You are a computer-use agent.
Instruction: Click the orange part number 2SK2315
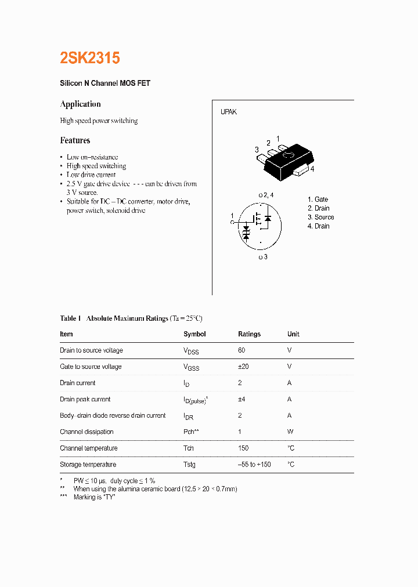[90, 58]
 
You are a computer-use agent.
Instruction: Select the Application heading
[80, 104]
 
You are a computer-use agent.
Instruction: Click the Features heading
[75, 140]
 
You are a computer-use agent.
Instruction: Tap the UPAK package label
[228, 112]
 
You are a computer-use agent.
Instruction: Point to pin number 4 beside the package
[312, 169]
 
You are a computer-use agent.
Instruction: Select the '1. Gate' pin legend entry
[318, 200]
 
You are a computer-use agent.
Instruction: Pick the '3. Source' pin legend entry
[320, 218]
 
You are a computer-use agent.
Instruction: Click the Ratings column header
[249, 334]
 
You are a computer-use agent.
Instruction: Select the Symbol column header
[194, 334]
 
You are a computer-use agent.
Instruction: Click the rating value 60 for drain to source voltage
[242, 350]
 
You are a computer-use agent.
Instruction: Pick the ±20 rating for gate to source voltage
[244, 367]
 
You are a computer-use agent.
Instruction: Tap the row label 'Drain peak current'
[85, 399]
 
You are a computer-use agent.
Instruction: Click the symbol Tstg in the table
[189, 465]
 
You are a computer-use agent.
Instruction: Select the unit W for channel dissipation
[290, 432]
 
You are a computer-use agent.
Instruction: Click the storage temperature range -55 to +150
[254, 465]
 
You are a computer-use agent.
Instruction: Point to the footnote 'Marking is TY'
[94, 498]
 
